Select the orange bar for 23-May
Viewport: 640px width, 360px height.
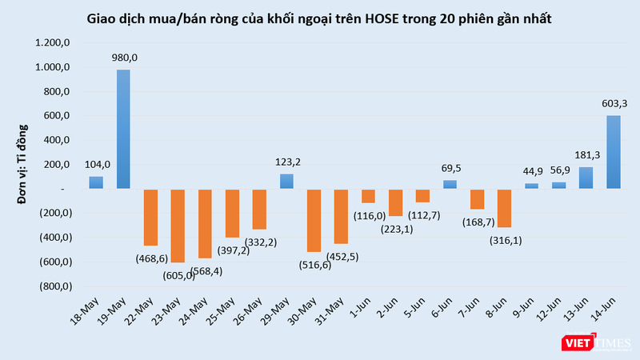pyautogui.click(x=178, y=226)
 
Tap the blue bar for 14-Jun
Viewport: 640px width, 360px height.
pyautogui.click(x=613, y=152)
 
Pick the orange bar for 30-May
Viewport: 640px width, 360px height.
pyautogui.click(x=314, y=221)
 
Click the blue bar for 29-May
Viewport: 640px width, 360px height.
pyautogui.click(x=286, y=182)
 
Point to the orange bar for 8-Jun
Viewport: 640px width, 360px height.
pyautogui.click(x=504, y=208)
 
